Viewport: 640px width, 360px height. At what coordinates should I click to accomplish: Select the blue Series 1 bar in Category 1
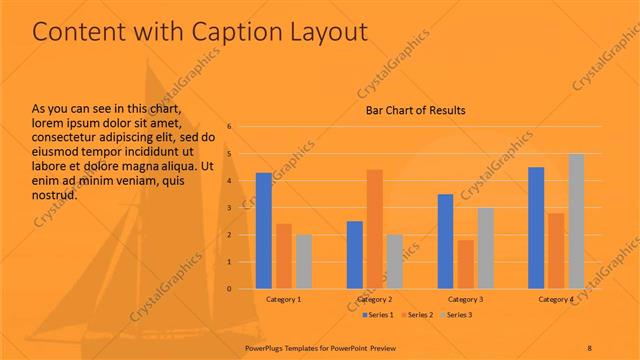(264, 231)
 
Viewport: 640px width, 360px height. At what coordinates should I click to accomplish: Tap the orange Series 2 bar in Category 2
(374, 229)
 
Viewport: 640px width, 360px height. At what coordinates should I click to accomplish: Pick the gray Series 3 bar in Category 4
(576, 221)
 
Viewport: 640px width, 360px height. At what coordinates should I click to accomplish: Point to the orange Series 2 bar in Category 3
(465, 264)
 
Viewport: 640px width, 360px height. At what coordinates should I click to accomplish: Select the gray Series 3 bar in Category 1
(304, 261)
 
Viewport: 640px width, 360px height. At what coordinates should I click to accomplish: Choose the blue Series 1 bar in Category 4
(536, 228)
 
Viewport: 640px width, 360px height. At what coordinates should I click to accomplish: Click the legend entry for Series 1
(378, 315)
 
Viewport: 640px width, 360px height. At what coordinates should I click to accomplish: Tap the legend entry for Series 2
(417, 315)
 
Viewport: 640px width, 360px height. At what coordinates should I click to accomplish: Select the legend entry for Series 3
(455, 315)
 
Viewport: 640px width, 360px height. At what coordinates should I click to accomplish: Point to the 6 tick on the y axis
(230, 127)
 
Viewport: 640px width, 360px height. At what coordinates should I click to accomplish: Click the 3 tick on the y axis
(230, 208)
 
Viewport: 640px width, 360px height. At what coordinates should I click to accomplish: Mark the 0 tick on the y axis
(230, 289)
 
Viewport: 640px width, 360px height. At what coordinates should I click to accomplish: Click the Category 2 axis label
(374, 299)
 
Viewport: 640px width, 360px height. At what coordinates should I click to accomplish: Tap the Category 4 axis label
(556, 299)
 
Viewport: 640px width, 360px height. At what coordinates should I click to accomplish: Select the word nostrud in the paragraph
(55, 195)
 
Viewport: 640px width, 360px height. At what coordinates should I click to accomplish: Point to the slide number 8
(590, 346)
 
